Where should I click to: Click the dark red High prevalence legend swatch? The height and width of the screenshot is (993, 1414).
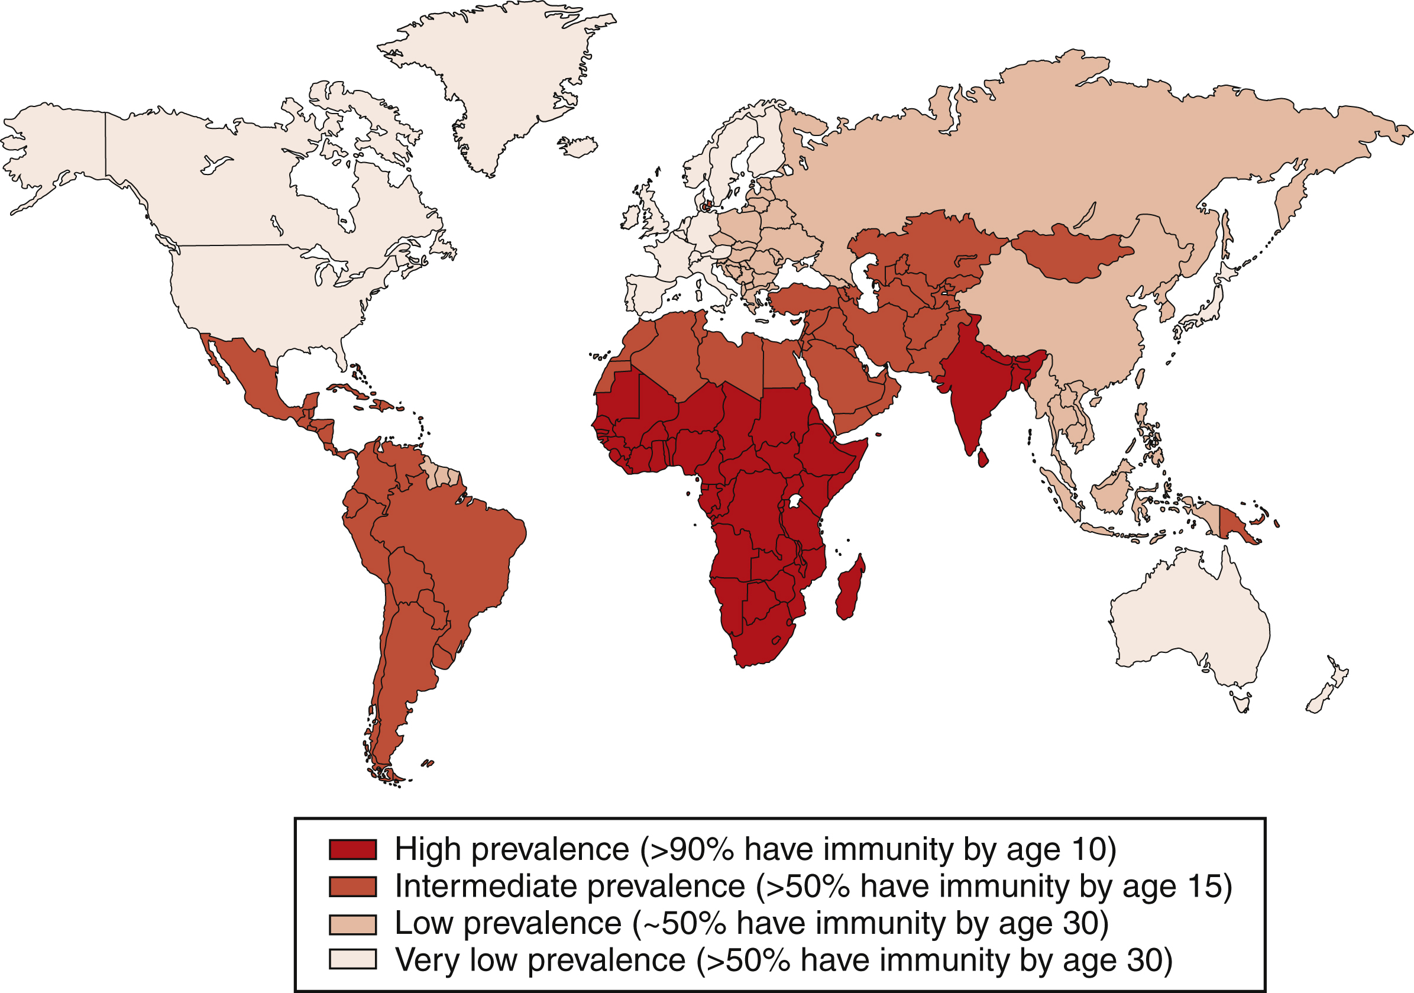[352, 849]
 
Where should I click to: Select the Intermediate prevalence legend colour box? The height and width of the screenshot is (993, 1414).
[352, 887]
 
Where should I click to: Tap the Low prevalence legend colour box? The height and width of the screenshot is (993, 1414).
[352, 924]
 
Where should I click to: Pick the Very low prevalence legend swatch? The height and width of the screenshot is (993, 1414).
[352, 959]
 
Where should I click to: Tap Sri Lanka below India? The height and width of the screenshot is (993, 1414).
[983, 458]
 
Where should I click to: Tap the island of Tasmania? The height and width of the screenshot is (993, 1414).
[1241, 701]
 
